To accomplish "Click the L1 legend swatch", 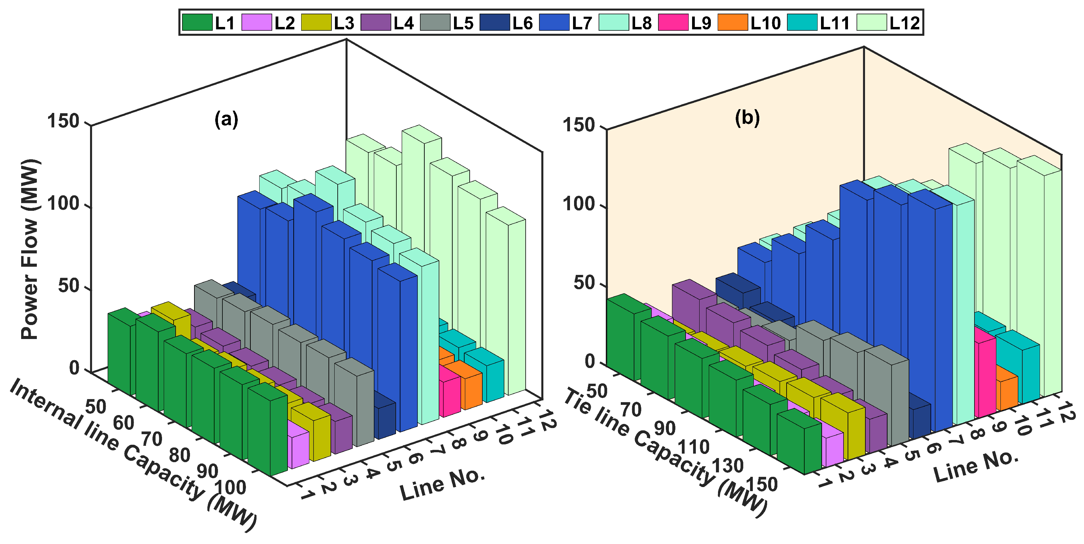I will tap(197, 22).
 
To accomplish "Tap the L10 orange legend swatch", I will tap(733, 22).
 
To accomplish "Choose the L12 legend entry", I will tap(871, 22).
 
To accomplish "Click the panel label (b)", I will tap(747, 117).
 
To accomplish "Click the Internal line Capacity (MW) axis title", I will tap(133, 454).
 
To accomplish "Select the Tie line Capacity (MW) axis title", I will tap(665, 452).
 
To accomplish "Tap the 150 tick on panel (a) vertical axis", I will tap(63, 121).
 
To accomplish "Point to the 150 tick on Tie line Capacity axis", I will tap(762, 484).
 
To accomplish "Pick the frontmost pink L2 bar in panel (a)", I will tap(298, 446).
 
